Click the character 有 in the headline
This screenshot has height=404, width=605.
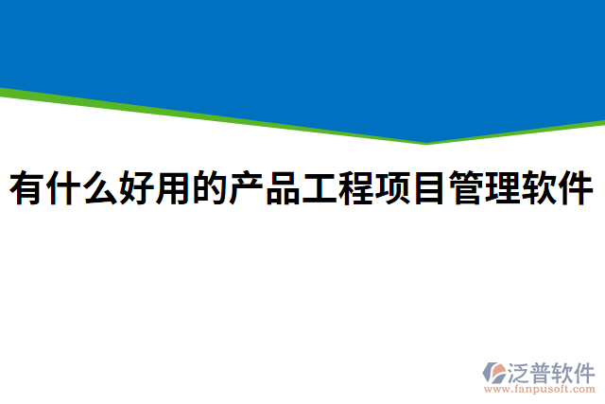[x=27, y=189]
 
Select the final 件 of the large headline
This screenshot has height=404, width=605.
[x=577, y=189]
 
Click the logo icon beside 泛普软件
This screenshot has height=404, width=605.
[x=493, y=372]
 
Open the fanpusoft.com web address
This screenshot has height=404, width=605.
[x=540, y=389]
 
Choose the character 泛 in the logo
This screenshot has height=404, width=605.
[x=518, y=372]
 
